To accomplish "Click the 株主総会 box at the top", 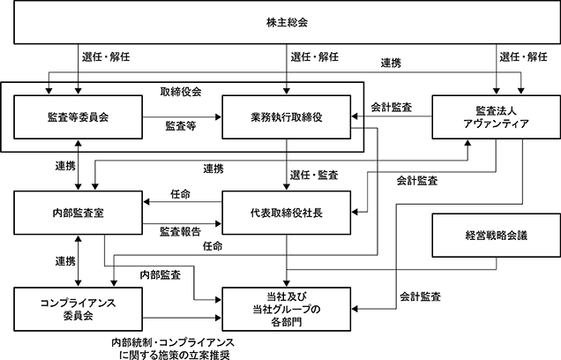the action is pos(287,22).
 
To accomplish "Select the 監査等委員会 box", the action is pos(78,117).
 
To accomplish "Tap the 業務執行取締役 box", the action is pos(286,117).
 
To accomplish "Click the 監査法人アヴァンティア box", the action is pos(497,117).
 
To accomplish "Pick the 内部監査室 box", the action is pos(78,213).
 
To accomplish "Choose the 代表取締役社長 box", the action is pos(286,213).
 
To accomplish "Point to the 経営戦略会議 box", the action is pos(497,236).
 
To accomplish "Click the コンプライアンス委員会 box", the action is pos(78,309).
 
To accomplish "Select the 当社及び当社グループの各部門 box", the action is pos(286,309).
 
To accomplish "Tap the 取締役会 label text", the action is pos(181,92).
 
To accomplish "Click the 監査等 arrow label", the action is pos(181,126).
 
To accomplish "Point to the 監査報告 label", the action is pos(180,231).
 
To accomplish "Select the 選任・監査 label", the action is pos(314,175).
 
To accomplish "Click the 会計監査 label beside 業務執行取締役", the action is pos(392,107).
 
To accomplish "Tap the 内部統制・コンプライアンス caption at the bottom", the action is pos(173,342).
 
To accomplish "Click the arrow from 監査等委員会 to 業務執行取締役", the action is pos(182,117).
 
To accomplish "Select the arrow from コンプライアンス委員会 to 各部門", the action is pos(182,318).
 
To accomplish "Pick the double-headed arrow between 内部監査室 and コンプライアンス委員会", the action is pos(78,261).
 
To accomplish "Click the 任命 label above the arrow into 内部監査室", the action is pos(180,194).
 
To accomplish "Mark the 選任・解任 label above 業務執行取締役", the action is pos(315,56).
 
